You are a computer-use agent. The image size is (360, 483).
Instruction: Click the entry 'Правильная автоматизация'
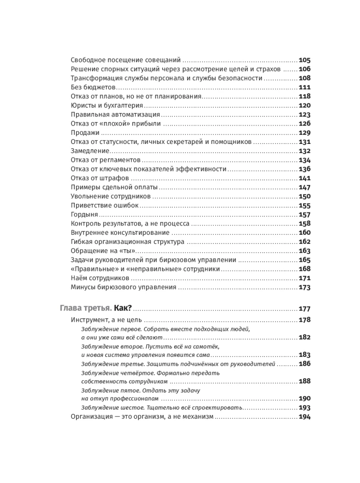click(115, 114)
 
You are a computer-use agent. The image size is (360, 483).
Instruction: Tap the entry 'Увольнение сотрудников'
click(111, 196)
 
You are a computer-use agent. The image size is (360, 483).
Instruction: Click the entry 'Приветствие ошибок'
click(104, 205)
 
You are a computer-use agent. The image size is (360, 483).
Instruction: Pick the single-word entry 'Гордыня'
click(84, 214)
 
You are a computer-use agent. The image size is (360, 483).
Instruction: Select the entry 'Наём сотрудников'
click(100, 278)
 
